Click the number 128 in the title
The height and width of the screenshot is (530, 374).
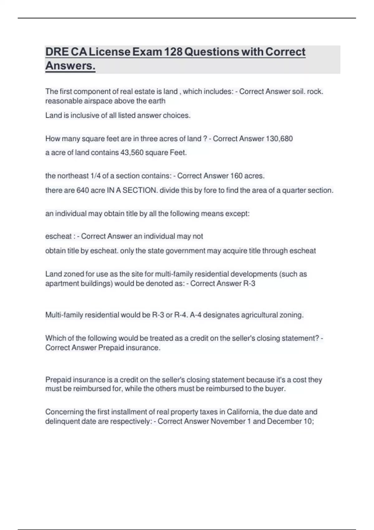coord(173,52)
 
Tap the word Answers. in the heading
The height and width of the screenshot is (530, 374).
coord(70,66)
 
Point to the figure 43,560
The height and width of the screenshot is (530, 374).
coord(132,153)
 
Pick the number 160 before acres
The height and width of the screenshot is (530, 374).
coord(236,176)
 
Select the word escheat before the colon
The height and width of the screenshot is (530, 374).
coord(58,236)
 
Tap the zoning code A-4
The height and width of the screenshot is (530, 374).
coord(196,315)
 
